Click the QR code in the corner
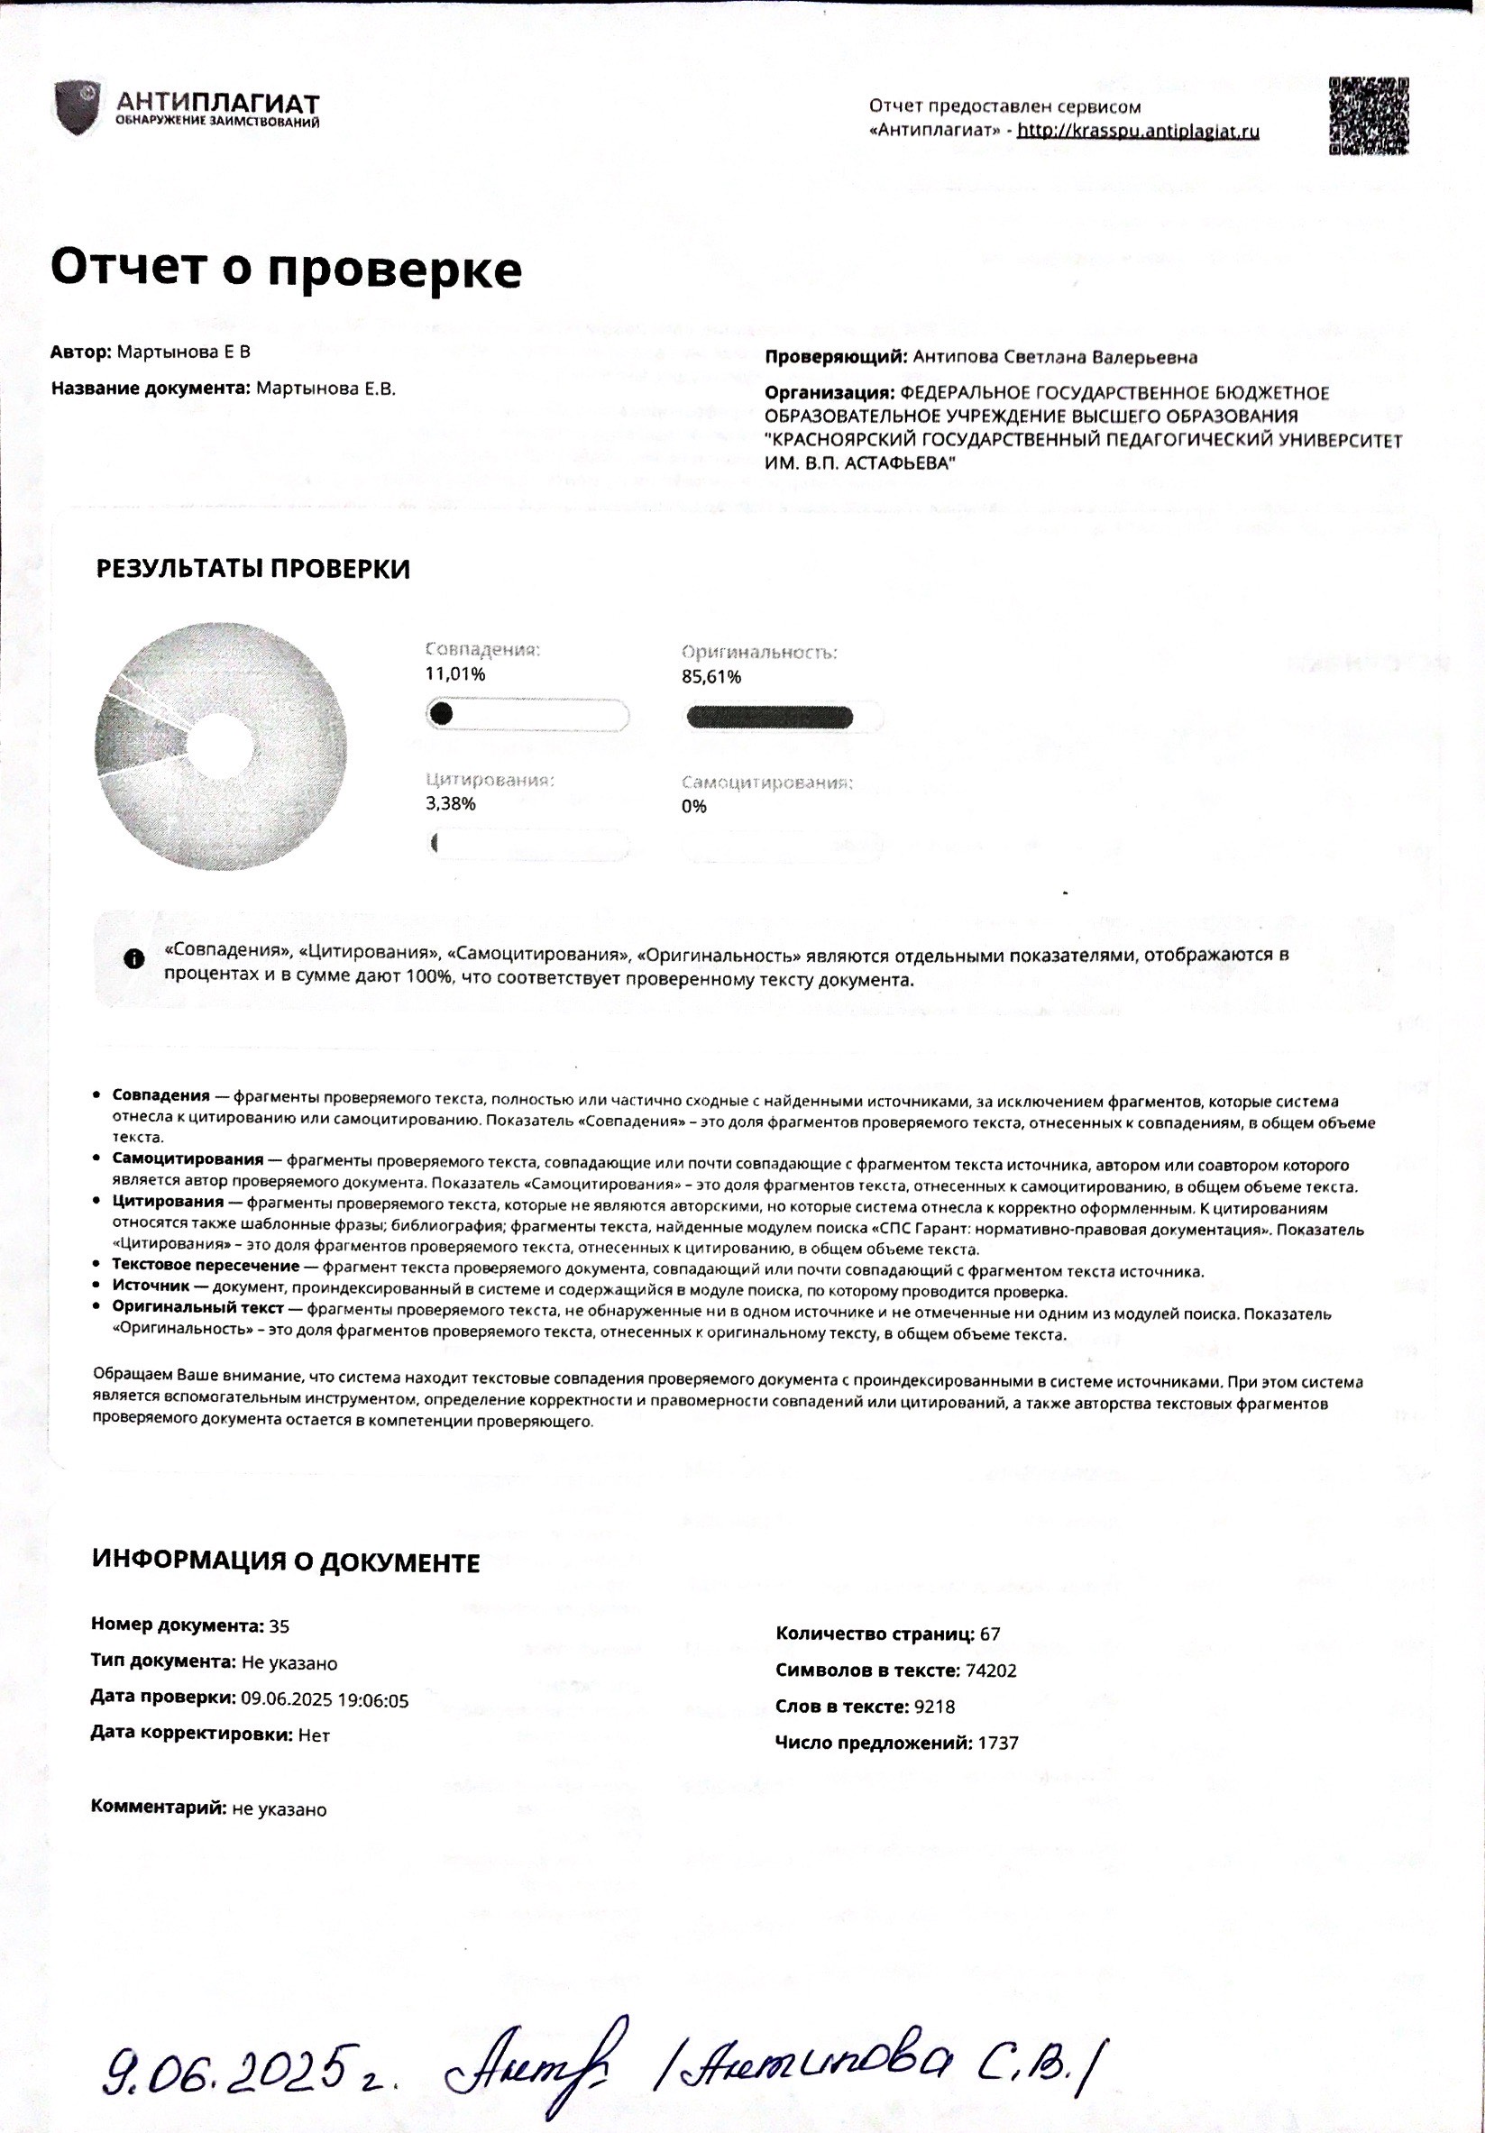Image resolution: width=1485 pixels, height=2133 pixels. pos(1368,116)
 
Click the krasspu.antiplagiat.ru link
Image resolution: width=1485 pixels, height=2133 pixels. pos(1138,131)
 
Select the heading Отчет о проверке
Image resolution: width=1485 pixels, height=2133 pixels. pos(285,268)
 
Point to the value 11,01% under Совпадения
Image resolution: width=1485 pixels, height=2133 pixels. pos(455,674)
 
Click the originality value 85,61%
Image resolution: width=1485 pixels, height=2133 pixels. pos(710,677)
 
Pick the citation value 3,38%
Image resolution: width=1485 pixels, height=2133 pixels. pos(451,803)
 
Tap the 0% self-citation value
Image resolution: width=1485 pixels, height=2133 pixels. pos(693,806)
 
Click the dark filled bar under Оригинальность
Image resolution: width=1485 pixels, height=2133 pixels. pos(768,718)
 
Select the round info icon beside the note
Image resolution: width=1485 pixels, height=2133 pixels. pos(133,958)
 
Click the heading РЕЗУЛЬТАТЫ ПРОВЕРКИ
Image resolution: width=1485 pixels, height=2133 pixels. pos(252,570)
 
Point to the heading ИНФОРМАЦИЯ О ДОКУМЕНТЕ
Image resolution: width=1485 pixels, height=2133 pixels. pos(285,1562)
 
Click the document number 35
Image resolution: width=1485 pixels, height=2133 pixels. pos(279,1625)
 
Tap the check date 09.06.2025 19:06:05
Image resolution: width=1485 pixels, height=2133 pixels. pos(325,1699)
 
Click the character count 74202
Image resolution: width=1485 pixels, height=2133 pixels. pos(991,1671)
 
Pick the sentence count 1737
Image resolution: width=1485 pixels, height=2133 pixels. pos(997,1743)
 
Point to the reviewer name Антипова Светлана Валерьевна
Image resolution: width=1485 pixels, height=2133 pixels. pos(1055,357)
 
